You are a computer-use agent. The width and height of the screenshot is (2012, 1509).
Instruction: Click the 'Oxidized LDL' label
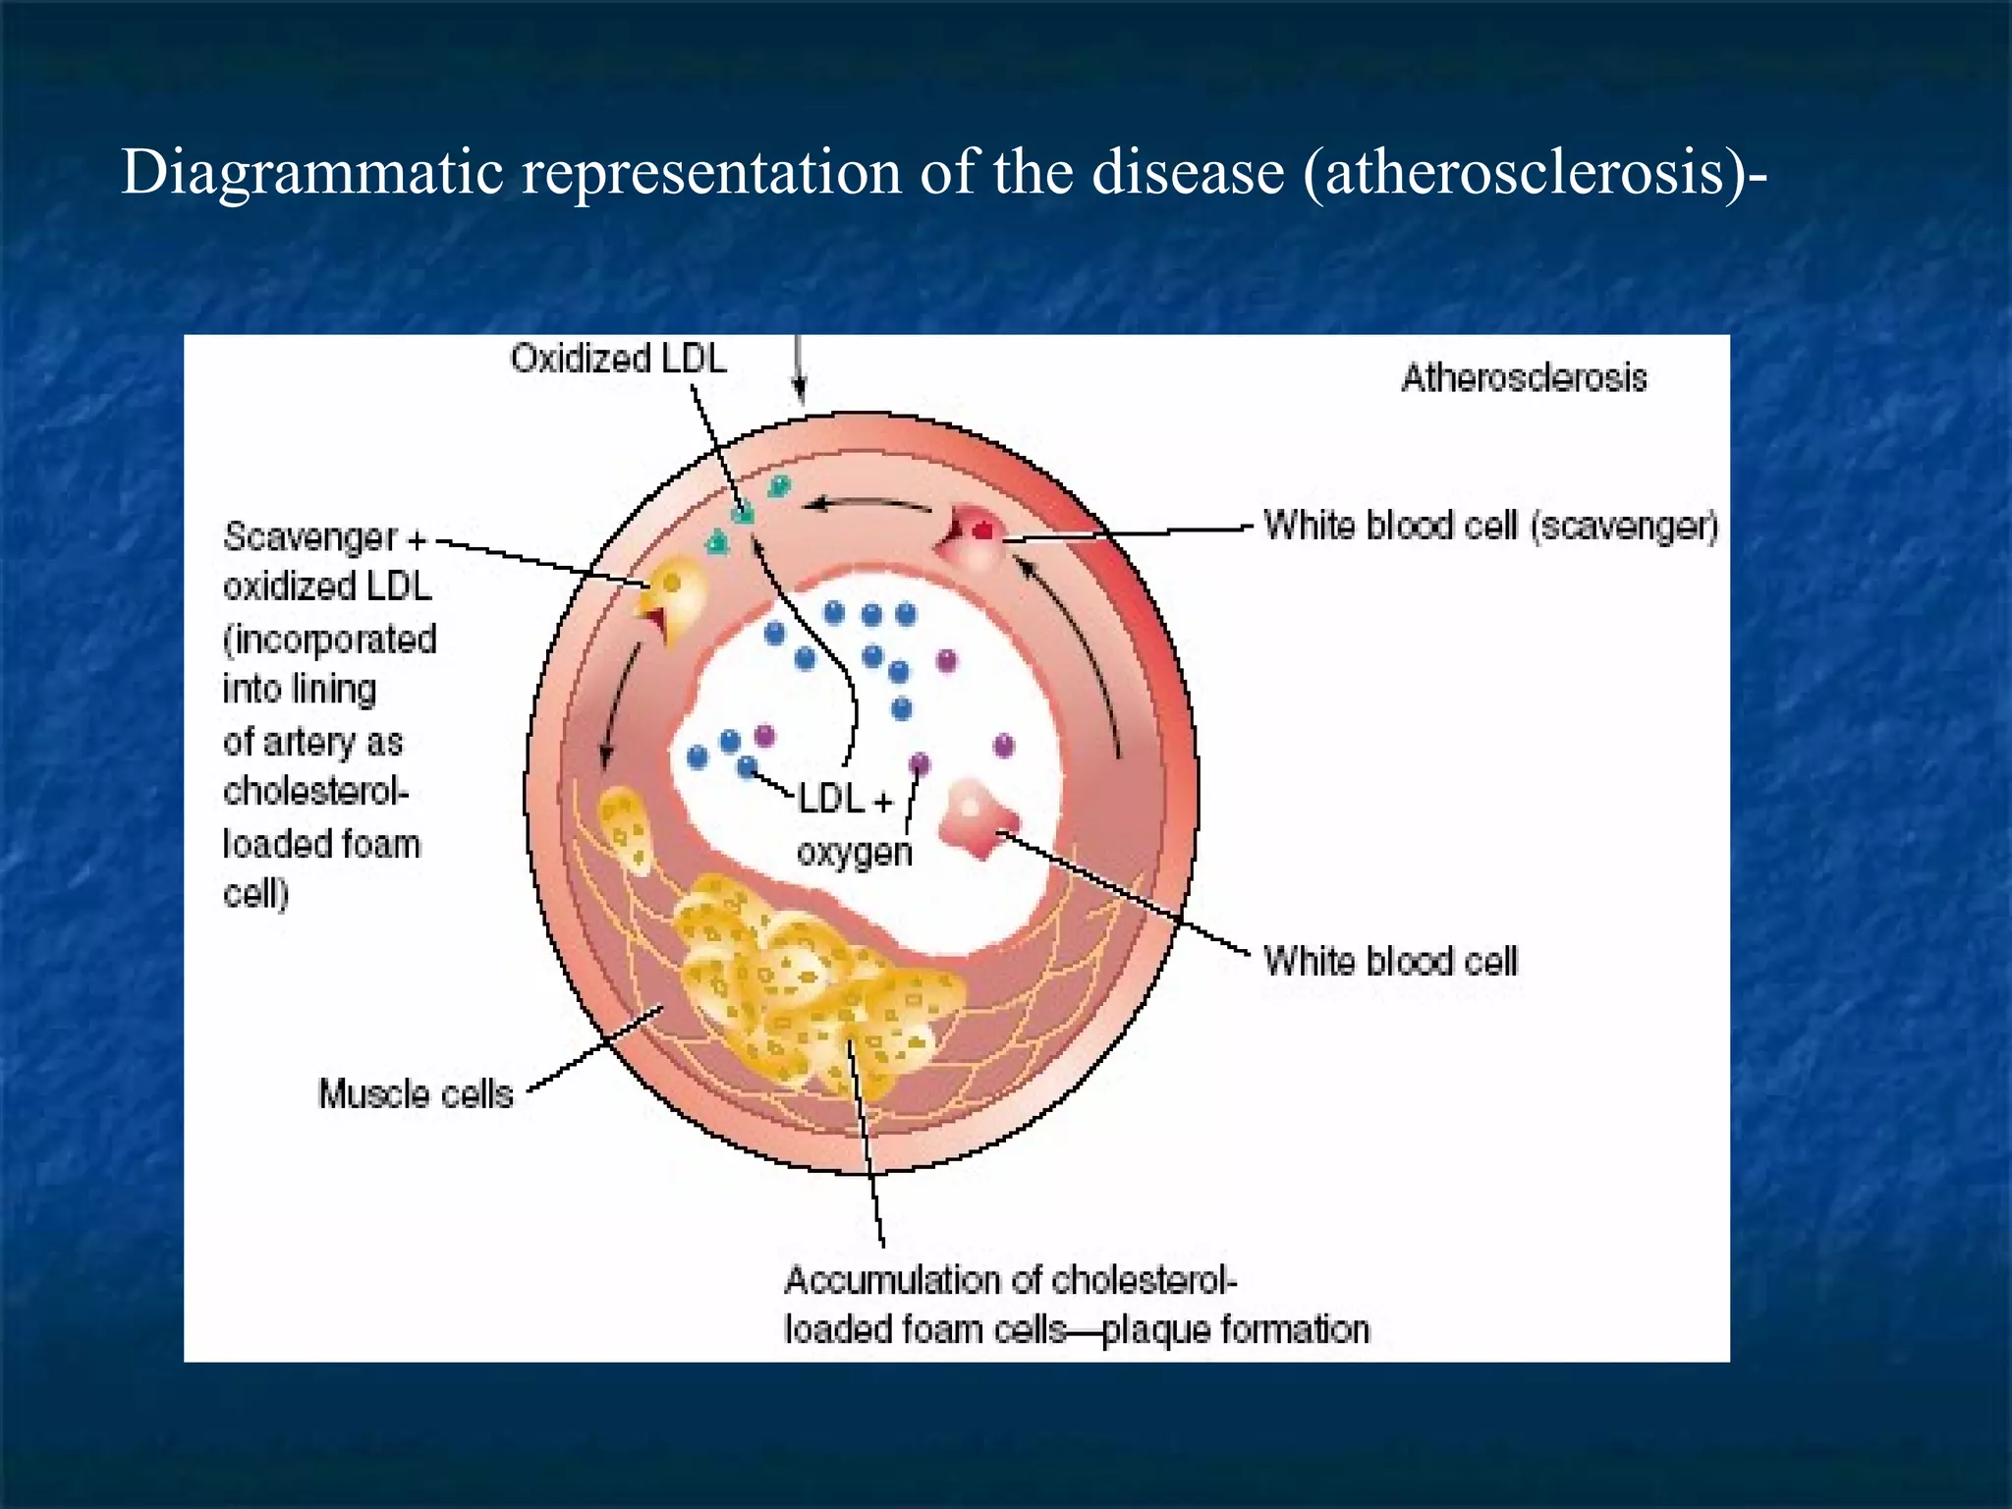[x=618, y=359]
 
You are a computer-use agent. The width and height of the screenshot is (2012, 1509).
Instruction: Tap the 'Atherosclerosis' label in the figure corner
[x=1523, y=378]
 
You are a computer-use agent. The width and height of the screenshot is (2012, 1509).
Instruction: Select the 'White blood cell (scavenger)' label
[x=1490, y=527]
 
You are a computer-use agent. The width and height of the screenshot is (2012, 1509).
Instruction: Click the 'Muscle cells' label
[x=416, y=1093]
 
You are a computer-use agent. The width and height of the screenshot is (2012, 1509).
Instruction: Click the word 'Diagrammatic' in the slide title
[x=312, y=173]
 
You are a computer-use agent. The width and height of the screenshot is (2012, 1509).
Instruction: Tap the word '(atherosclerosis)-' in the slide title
[x=1535, y=173]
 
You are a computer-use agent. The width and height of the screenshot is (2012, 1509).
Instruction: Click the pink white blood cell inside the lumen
[x=977, y=817]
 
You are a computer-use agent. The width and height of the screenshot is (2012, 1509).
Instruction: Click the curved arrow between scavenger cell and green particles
[x=866, y=505]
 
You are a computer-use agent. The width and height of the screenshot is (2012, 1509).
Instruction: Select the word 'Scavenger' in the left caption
[x=310, y=537]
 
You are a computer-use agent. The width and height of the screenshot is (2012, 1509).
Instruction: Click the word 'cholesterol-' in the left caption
[x=315, y=792]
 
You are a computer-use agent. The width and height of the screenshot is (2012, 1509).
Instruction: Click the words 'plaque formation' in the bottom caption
[x=1235, y=1330]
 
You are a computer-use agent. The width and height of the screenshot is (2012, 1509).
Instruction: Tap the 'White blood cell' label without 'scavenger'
[x=1389, y=961]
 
